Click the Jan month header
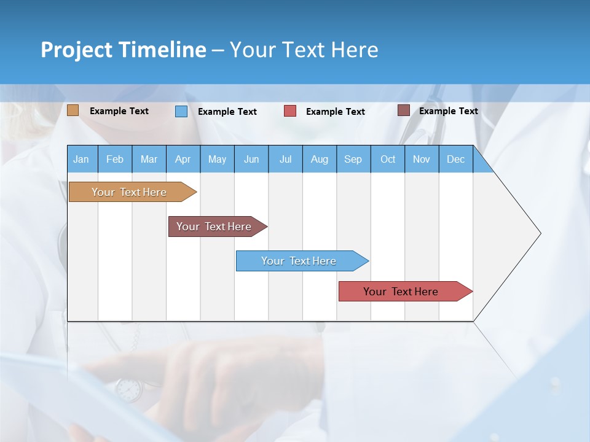[x=81, y=159]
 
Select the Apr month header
[x=183, y=159]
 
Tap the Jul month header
[x=285, y=159]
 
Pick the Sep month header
[x=353, y=159]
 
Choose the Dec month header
[x=455, y=159]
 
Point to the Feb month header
[x=115, y=159]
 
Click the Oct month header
[x=388, y=159]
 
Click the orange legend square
[x=73, y=110]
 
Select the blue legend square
[x=181, y=111]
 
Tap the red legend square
[x=290, y=111]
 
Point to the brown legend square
[x=403, y=110]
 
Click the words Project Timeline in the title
[x=124, y=50]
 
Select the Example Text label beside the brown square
[x=448, y=111]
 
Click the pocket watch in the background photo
[x=128, y=389]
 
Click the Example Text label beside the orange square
[x=119, y=111]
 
